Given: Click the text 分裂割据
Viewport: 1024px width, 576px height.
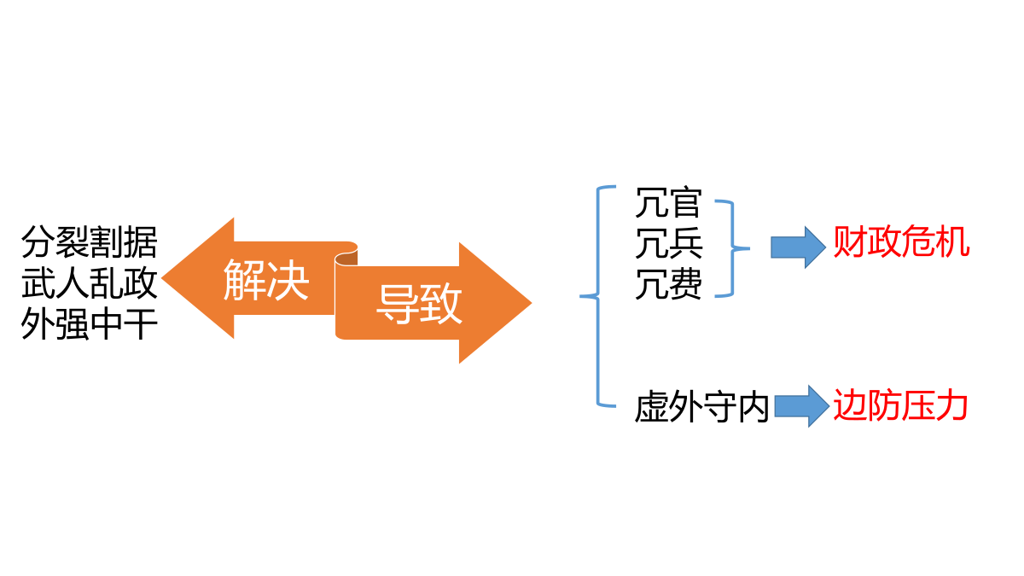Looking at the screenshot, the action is [90, 242].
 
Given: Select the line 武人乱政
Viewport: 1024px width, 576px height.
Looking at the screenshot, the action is [90, 283].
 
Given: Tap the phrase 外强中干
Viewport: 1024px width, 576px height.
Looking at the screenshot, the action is [90, 323].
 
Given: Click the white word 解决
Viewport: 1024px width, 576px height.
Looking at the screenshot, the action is [266, 280].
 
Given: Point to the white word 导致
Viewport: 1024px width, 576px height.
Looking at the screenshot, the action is [419, 304].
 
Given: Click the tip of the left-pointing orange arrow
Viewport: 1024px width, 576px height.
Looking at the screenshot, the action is [162, 278].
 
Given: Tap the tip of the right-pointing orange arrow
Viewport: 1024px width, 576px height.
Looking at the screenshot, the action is [532, 303].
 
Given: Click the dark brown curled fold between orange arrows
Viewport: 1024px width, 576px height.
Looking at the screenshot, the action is [346, 258].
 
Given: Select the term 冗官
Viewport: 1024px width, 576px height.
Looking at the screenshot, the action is [668, 203].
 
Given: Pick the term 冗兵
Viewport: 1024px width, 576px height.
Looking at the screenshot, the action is [668, 243].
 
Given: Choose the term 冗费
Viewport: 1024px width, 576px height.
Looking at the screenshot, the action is [668, 284].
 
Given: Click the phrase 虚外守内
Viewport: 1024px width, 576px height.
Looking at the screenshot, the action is [701, 406].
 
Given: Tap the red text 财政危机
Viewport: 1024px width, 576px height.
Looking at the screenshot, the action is [901, 241].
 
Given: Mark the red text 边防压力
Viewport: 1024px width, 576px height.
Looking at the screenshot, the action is [900, 405].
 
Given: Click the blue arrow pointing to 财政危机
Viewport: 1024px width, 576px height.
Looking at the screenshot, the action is [798, 247].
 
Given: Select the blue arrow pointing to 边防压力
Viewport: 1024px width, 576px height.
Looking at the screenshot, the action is [802, 406].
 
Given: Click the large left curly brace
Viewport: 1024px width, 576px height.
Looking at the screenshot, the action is [598, 296].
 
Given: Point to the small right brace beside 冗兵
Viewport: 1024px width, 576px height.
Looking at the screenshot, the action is [733, 248].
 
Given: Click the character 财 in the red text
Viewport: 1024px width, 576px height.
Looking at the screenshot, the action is [849, 241].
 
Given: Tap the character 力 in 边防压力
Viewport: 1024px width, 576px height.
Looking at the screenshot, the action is [952, 405].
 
